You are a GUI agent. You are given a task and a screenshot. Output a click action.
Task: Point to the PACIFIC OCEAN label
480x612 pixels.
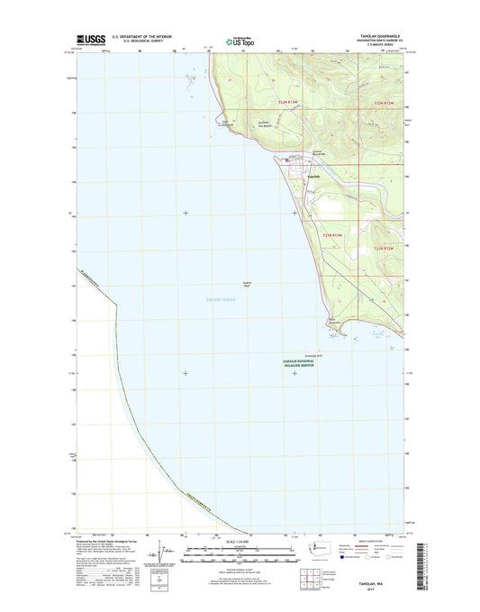(x=219, y=300)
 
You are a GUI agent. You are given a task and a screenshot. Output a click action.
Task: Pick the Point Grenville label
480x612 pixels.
(x=335, y=319)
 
